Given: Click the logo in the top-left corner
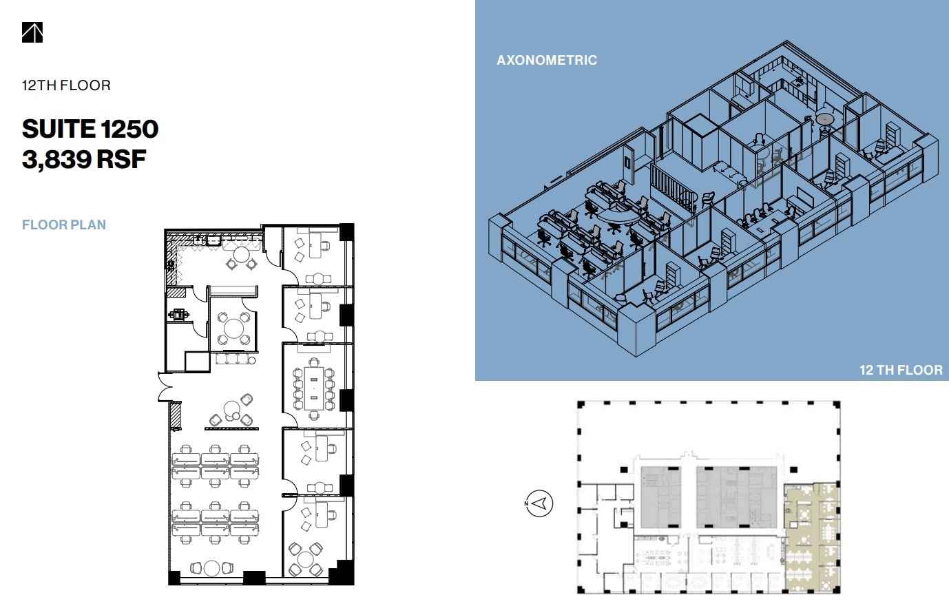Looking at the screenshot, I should pos(32,32).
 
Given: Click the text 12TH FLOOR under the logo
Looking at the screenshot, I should pos(66,85).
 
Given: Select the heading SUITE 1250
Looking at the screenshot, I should pos(90,129).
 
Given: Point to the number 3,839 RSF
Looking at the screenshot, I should pos(84,159).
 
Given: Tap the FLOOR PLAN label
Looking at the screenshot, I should pos(64,225).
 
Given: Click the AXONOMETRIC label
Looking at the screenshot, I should pos(546,60).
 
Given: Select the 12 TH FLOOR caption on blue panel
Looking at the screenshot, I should pos(900,370).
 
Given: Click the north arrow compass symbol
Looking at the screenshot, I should pos(539,503).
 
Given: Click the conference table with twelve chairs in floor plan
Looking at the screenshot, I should pos(314,387).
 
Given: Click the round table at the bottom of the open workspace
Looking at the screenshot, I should pos(211,568).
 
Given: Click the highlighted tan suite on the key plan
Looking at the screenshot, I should pos(811,537).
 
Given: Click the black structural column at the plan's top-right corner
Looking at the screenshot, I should pos(346,231).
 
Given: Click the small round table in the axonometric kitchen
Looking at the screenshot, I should pos(824,120).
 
